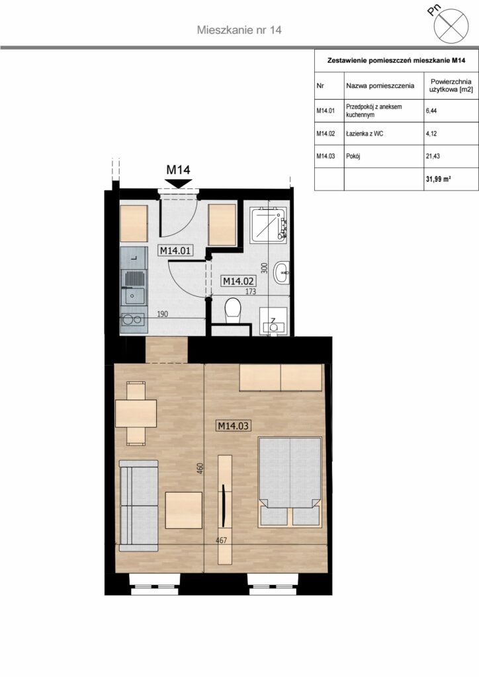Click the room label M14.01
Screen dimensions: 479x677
175,251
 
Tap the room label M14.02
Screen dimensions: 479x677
238,281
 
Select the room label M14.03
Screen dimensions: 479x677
234,426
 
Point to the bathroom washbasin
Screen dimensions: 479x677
281,272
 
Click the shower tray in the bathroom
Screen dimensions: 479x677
268,223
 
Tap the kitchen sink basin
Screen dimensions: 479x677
134,296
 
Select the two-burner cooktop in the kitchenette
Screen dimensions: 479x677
134,320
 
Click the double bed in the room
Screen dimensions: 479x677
290,482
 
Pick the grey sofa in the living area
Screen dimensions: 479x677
138,506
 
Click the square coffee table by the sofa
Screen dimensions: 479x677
183,510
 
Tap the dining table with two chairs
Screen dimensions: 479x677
136,413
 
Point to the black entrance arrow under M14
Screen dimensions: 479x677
179,184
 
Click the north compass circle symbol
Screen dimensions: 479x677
451,26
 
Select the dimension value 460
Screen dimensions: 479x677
200,469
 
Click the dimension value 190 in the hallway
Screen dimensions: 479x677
162,314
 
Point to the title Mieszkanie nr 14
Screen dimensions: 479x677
239,30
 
